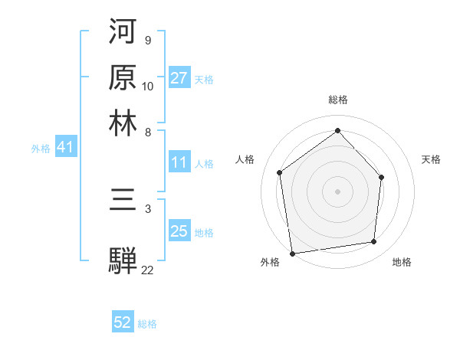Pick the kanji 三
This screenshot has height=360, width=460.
[x=123, y=204]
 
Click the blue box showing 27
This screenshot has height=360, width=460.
[x=179, y=78]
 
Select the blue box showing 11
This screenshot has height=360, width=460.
[x=179, y=162]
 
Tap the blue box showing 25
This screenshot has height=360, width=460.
[x=179, y=231]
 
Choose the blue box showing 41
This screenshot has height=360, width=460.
[x=64, y=148]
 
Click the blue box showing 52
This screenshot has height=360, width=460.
[x=123, y=323]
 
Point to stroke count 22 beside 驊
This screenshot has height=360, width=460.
[x=147, y=270]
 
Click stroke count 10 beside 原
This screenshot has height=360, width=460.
[x=148, y=86]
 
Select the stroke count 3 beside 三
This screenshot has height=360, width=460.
[x=147, y=208]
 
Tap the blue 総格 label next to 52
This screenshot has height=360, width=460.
[x=147, y=324]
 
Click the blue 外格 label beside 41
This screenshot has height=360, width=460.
[x=41, y=149]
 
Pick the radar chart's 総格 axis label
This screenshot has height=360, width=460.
[x=337, y=100]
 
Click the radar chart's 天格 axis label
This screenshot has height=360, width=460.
[x=431, y=159]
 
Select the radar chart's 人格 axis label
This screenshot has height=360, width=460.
[x=245, y=159]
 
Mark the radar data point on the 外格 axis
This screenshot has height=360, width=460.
[x=292, y=253]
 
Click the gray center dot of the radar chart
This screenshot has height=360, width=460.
[x=337, y=191]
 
